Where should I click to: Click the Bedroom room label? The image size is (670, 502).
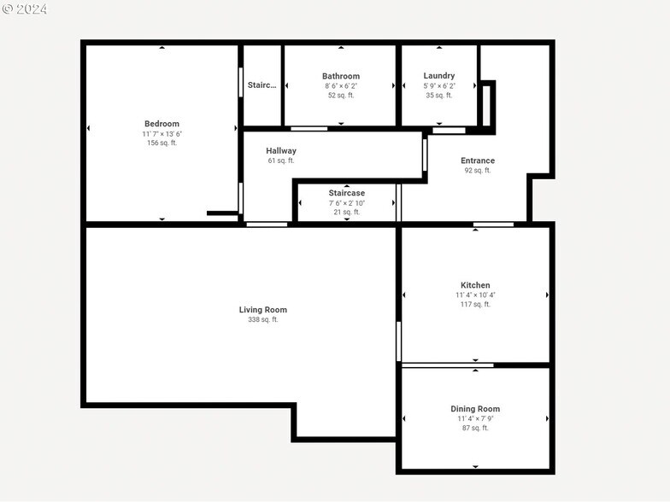162,124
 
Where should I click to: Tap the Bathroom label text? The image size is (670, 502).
341,76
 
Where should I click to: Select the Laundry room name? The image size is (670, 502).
439,76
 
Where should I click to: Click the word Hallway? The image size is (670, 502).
281,151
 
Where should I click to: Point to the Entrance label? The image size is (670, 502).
478,161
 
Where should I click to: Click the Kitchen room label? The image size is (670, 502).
475,285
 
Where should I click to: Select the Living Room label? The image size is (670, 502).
263,310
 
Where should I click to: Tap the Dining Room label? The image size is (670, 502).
475,409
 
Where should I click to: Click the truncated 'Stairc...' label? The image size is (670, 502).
262,85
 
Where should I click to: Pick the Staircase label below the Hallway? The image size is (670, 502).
347,193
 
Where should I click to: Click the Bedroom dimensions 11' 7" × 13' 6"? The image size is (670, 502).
162,134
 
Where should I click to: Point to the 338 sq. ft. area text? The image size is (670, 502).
263,320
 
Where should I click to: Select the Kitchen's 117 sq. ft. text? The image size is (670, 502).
475,305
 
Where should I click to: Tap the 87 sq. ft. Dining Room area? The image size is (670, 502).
475,429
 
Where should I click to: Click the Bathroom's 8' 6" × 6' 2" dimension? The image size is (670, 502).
341,86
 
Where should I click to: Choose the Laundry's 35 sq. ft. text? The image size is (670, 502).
439,96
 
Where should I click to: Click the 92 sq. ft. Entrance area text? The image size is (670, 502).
478,171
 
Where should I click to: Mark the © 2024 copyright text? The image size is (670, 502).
25,9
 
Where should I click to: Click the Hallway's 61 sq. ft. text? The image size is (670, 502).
281,161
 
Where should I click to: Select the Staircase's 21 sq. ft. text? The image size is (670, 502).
347,213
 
